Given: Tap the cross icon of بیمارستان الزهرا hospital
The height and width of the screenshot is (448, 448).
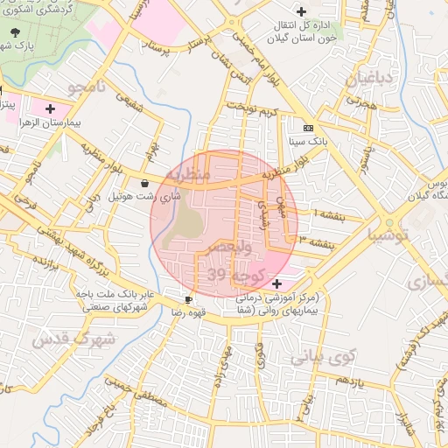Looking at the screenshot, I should tap(50, 110).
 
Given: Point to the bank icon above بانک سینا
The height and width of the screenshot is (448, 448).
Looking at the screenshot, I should tap(307, 126).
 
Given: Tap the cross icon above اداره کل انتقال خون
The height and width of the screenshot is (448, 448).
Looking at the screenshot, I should tap(302, 12).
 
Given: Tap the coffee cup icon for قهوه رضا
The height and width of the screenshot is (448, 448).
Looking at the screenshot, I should tap(188, 299).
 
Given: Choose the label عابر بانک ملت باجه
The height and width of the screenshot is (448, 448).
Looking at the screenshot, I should tap(115, 295).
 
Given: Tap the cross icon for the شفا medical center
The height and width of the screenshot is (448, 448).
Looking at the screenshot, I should tap(277, 283).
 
